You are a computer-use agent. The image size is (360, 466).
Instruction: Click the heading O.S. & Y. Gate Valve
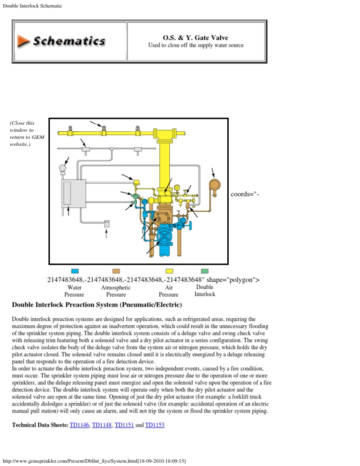[x=195, y=38]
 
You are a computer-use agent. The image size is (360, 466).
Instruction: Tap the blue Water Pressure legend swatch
[x=75, y=271]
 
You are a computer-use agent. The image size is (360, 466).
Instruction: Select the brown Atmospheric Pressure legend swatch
[x=116, y=271]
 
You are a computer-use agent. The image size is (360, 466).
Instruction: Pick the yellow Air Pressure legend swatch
[x=170, y=271]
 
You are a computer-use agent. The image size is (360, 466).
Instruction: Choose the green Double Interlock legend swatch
[x=204, y=271]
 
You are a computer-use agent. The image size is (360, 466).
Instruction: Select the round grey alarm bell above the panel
[x=62, y=168]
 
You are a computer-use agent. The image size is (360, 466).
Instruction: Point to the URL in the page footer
[x=101, y=461]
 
